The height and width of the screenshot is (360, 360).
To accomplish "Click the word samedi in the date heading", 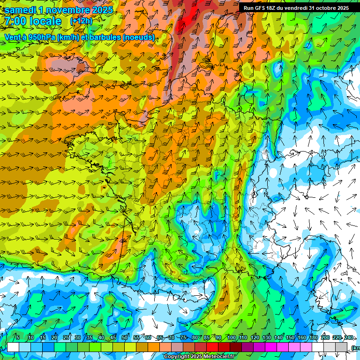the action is point(20,10).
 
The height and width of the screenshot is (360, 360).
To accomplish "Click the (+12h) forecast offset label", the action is point(81,21).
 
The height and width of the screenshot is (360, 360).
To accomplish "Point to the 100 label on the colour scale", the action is point(232,338).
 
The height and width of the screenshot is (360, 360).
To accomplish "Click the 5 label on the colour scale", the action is point(18,338).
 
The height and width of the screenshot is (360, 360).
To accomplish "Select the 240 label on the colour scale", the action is point(349,338).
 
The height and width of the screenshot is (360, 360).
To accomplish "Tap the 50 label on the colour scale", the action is point(125,338).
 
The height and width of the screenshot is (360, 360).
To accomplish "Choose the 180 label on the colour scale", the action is point(314,338).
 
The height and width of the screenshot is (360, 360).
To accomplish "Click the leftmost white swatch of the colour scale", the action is point(13,347).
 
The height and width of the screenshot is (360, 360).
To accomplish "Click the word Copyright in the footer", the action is point(177,357).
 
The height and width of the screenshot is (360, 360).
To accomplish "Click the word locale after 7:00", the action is point(45,21).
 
